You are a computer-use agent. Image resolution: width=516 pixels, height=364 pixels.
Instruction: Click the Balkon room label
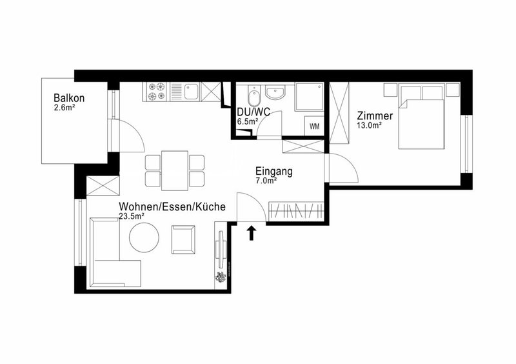pos(69,98)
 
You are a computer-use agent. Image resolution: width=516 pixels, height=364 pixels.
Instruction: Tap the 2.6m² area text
pos(66,108)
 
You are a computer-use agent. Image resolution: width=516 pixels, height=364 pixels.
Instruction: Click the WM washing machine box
pos(314,126)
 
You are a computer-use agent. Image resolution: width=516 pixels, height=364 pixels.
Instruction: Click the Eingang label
pos(274,172)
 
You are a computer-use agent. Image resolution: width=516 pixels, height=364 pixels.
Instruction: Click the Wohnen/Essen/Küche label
pos(172,207)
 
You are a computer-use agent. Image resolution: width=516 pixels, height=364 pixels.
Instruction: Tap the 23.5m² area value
pos(132,217)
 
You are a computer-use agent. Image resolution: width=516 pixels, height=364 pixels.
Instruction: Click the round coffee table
pos(144,238)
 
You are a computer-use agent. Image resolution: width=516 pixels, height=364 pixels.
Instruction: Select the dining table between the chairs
pos(174,170)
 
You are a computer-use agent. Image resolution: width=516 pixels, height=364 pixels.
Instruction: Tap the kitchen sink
pos(190,92)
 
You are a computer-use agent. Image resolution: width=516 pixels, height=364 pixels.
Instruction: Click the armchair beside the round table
pos(183,239)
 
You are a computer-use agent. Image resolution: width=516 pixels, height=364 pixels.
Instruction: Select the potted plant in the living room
pos(220,277)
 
